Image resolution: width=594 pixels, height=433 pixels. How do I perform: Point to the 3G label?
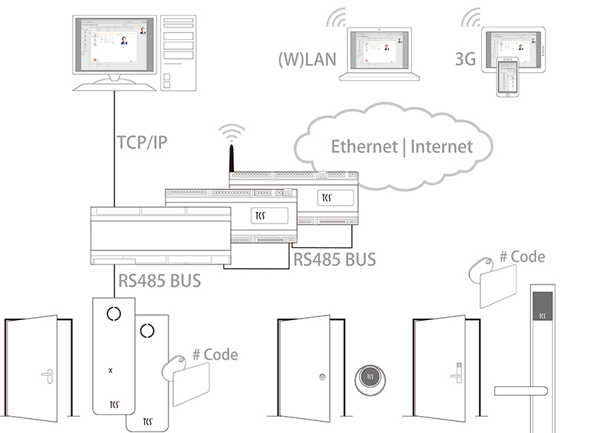[x=465, y=60]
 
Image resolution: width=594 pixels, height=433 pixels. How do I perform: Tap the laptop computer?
[x=379, y=56]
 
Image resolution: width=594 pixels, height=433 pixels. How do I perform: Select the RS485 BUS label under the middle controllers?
[x=334, y=259]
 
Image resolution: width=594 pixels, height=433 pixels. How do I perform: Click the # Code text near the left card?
[x=215, y=354]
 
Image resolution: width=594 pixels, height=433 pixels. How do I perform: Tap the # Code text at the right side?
[x=522, y=257]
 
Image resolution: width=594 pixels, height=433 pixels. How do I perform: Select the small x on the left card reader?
[x=111, y=369]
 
